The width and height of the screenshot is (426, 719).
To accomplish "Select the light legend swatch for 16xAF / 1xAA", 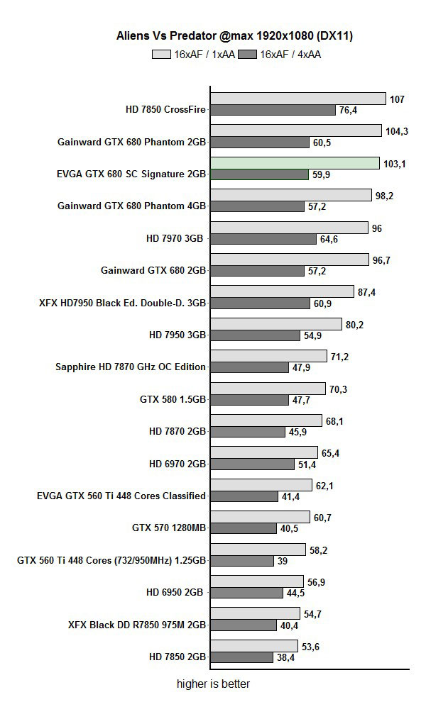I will coord(162,54).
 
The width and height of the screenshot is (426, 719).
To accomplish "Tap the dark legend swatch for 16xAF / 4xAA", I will coord(248,54).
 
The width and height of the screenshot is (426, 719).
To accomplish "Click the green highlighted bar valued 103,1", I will coord(295,163).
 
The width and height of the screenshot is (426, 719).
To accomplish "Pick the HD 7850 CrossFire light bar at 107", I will coord(298,99).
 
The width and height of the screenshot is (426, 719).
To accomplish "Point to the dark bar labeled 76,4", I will coord(273,110).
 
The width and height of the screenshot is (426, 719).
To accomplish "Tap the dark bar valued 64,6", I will coord(263,239).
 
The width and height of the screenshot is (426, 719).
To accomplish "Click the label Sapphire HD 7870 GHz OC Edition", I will coord(131,367).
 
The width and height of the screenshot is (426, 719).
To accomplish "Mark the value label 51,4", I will coord(307,464).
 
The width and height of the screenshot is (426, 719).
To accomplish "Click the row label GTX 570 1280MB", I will coord(169,528).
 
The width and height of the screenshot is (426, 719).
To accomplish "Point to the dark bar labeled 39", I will coord(242,561).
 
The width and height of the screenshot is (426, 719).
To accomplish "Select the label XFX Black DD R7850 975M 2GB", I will coord(137,625).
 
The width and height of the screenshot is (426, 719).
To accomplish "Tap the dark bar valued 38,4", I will coord(241,657).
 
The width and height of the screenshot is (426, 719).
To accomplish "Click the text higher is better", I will coord(213,684).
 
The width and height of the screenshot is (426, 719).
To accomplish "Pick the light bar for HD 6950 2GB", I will coord(257,581).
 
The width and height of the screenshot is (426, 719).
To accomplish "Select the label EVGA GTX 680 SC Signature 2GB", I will coord(131,174).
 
